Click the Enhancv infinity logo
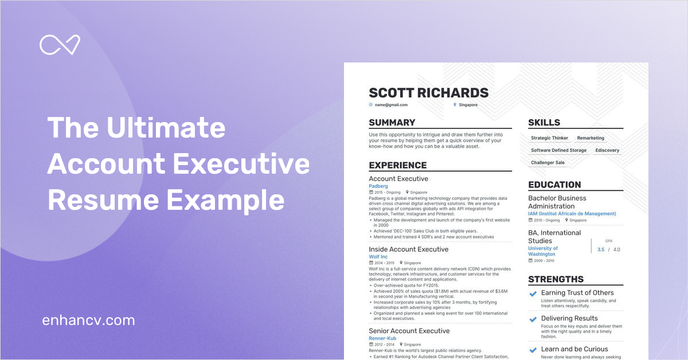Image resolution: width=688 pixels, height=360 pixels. coord(59,45)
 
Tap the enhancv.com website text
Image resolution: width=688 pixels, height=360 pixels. coord(88,320)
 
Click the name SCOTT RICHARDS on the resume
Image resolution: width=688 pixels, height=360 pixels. coord(428,93)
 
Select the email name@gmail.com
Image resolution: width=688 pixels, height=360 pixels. coord(391,105)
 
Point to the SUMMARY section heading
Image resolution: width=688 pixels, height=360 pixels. coord(392,123)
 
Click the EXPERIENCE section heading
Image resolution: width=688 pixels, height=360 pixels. coord(397,165)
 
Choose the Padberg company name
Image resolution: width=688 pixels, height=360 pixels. coord(378,186)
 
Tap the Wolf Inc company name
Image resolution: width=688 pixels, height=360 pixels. coord(378,257)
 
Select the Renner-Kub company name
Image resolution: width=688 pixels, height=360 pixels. coord(382,338)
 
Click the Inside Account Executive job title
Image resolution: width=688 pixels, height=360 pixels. coord(408,249)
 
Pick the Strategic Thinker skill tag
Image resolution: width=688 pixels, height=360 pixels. coord(549,138)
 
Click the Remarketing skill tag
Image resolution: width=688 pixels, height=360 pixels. coord(591,138)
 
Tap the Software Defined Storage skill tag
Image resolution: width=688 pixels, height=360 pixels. coord(558,150)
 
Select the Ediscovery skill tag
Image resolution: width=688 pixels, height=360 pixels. coord(607,150)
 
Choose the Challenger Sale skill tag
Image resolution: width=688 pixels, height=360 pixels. coord(548,163)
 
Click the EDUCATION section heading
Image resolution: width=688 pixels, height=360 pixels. coord(554,185)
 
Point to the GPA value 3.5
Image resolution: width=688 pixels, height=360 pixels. coord(601,250)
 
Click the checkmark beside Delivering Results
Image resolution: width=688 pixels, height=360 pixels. coord(533,319)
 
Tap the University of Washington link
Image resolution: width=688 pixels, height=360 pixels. coord(542,251)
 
